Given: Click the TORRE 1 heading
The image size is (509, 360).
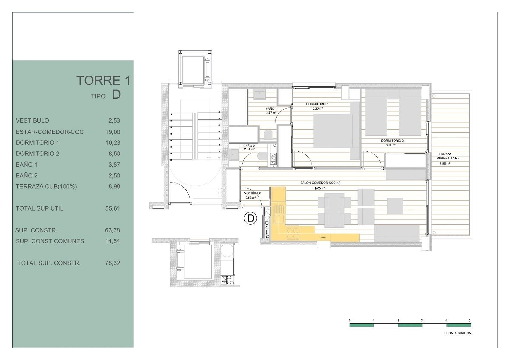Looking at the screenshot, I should [x=103, y=80].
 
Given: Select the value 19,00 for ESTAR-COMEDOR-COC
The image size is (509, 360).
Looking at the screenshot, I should [x=113, y=132].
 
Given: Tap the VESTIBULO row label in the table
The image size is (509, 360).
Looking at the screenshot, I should [x=32, y=120].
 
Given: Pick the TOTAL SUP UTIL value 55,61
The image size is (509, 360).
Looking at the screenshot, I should [x=113, y=208].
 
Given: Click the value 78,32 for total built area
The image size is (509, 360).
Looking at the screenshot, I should [x=113, y=263].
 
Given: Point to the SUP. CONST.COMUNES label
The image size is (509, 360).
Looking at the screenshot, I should [x=50, y=241].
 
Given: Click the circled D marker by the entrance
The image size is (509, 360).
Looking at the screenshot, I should [x=251, y=218].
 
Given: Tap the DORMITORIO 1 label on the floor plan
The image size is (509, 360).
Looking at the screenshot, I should [x=317, y=104].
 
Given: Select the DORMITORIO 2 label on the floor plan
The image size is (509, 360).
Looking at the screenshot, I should [x=392, y=140].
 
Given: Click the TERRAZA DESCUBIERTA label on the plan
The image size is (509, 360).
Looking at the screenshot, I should [x=447, y=156].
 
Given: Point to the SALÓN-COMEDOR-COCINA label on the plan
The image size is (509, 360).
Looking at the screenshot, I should [x=320, y=183].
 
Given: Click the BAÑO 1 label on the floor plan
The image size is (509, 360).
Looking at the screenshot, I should [x=271, y=109].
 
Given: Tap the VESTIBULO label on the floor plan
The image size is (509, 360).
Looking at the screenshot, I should [x=252, y=193].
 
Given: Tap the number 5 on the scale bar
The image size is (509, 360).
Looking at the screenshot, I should [x=470, y=320].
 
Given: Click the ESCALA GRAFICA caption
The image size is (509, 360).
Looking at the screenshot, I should [x=457, y=333].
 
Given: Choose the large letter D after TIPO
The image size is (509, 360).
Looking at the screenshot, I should [x=116, y=95].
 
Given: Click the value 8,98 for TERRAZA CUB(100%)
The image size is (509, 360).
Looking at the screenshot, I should [x=114, y=187].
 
